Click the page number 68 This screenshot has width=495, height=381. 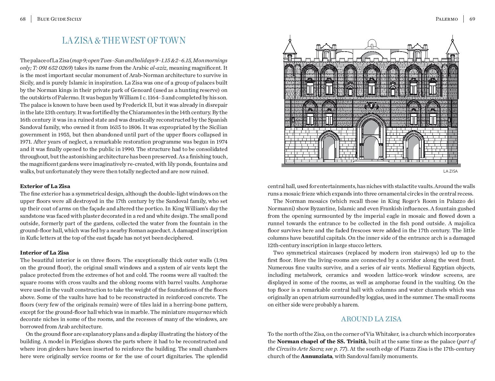click(23, 19)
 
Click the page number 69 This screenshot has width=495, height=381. click(472, 19)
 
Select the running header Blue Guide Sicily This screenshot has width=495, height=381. click(59, 19)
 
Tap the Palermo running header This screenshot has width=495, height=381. click(447, 19)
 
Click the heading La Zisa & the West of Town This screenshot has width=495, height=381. click(124, 41)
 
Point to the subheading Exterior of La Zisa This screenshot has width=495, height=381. click(45, 186)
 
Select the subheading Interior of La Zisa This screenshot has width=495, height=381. click(44, 253)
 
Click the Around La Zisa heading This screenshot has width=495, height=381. click(371, 319)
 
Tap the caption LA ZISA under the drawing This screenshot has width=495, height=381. click(450, 171)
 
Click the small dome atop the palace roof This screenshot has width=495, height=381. click(372, 43)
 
